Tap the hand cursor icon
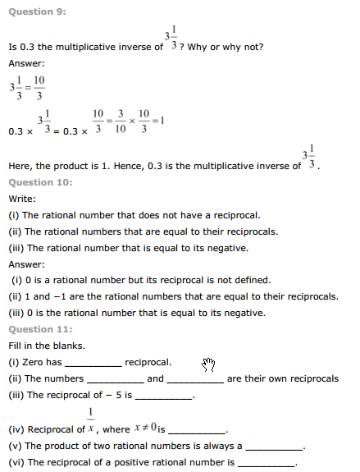click(x=208, y=364)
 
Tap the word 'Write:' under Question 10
click(x=22, y=199)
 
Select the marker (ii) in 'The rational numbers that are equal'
click(x=16, y=231)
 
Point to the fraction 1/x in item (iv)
click(x=91, y=420)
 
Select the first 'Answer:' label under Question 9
click(x=25, y=63)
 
